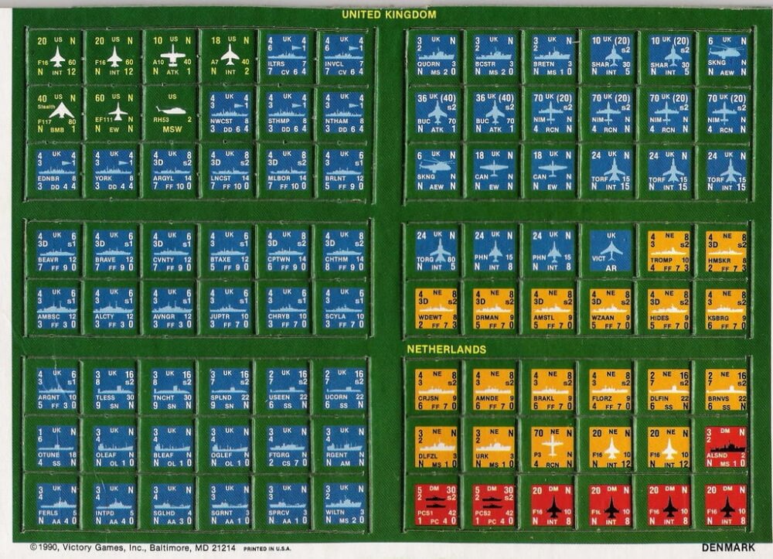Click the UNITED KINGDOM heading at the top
(389, 14)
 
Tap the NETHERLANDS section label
(446, 349)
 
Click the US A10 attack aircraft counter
(172, 56)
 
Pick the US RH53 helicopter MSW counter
(172, 112)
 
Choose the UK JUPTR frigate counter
(230, 308)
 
